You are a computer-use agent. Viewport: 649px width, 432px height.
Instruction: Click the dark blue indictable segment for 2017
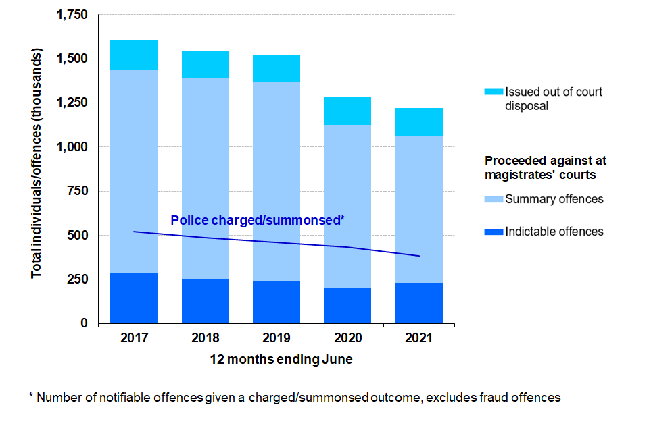click(134, 298)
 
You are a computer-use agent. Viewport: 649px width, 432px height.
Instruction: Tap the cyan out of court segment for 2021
click(419, 122)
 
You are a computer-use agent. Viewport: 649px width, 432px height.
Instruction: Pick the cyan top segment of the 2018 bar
click(206, 65)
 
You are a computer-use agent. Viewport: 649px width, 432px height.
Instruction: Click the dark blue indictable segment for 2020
click(348, 305)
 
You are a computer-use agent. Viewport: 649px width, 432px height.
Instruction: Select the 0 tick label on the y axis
click(85, 323)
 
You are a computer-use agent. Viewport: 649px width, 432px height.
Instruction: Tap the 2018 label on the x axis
click(206, 337)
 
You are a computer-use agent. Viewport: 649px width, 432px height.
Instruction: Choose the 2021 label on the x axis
click(419, 337)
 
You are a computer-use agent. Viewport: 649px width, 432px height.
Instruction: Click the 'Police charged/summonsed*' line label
click(258, 220)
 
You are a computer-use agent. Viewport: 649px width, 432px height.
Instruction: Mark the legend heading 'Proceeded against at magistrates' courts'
click(546, 167)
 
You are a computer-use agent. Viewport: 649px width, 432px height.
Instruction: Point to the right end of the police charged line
click(419, 256)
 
